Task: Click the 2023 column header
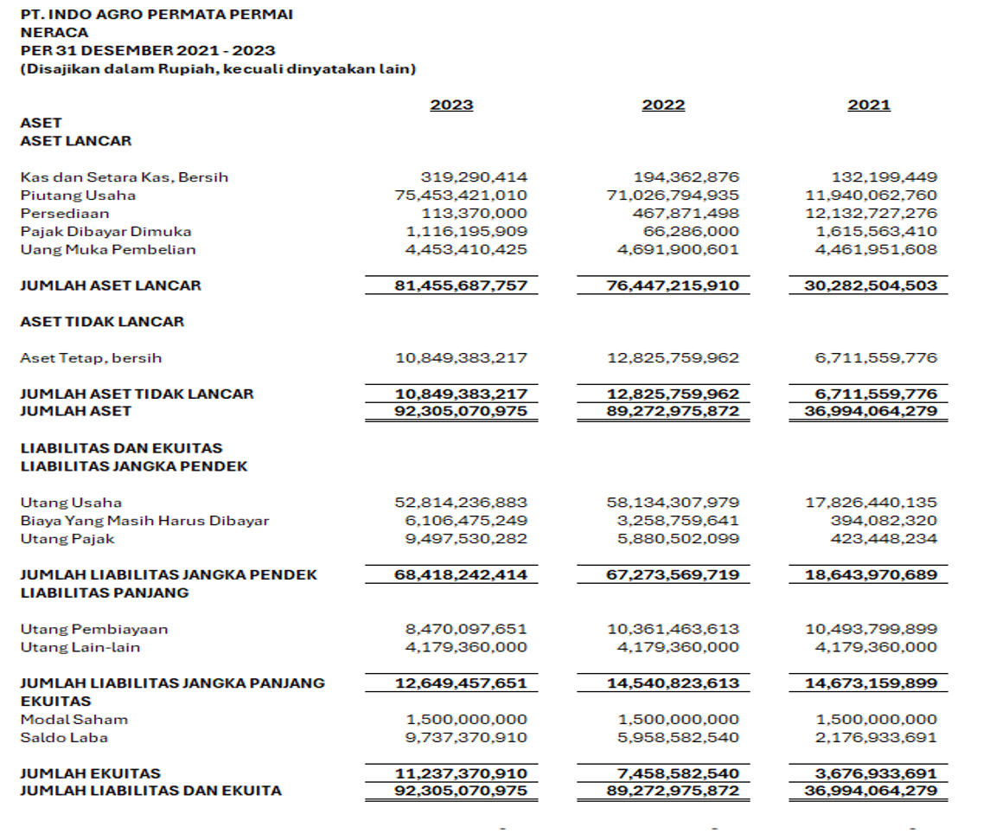tap(451, 106)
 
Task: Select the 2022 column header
tap(663, 106)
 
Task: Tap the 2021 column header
tap(869, 106)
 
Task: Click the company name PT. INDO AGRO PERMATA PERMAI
tap(156, 15)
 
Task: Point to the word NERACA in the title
tap(54, 33)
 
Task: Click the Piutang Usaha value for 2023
tap(461, 196)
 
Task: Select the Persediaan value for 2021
tap(871, 214)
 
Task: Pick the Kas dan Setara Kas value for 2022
tap(687, 177)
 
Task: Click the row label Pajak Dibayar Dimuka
tap(105, 232)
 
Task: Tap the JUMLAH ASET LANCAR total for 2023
tap(461, 285)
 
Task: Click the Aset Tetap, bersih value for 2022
tap(673, 358)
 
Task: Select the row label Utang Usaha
tap(71, 503)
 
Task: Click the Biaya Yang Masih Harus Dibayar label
tap(144, 521)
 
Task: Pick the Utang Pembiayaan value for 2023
tap(466, 629)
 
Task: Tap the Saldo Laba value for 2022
tap(679, 738)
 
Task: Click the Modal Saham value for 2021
tap(876, 720)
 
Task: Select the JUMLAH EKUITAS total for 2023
tap(461, 773)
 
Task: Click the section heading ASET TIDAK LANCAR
tap(102, 322)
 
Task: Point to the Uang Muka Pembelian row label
tap(108, 250)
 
